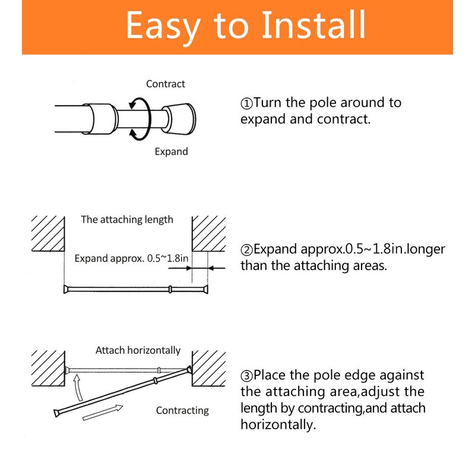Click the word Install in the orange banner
tap(313, 25)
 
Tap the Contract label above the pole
tap(166, 84)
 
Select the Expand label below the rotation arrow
tap(171, 151)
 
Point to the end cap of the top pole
tap(179, 119)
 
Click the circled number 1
tap(246, 103)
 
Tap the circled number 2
tap(246, 250)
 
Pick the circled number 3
tap(246, 376)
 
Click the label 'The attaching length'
tap(127, 220)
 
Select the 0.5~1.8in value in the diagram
tap(167, 258)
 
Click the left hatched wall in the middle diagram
tap(48, 233)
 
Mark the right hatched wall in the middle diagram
tap(209, 233)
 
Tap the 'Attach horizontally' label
tap(138, 350)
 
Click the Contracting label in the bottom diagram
tap(182, 410)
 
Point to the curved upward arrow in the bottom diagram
tap(79, 388)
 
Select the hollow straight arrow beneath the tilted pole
tap(103, 413)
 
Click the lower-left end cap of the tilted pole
tap(56, 413)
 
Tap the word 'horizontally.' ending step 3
tap(278, 425)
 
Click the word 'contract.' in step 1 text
tap(344, 119)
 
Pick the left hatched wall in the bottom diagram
tap(48, 368)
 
